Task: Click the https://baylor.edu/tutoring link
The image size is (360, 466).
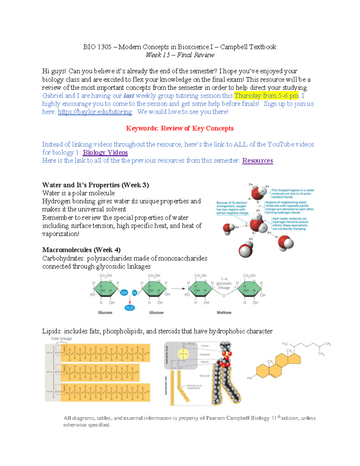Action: (x=95, y=112)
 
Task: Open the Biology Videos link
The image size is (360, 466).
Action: (x=105, y=152)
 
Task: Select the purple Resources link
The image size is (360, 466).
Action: (x=257, y=161)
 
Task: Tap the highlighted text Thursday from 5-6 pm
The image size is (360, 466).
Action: (x=266, y=96)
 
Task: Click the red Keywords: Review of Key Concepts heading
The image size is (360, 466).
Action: (x=180, y=128)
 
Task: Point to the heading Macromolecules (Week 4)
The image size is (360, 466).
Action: (x=81, y=250)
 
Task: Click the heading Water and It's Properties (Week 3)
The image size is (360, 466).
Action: (x=95, y=185)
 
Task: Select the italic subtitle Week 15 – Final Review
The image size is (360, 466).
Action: (x=180, y=55)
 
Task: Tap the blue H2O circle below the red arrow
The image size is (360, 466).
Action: (x=130, y=308)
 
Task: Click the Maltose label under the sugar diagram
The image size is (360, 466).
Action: (x=224, y=312)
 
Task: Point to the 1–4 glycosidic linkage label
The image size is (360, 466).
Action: (x=224, y=283)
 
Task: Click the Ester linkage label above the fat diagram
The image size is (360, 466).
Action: (x=61, y=338)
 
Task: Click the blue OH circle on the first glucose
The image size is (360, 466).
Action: (x=124, y=293)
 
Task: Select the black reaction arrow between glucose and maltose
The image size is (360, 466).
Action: (x=178, y=289)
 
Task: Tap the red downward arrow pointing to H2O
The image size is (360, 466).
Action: (x=130, y=300)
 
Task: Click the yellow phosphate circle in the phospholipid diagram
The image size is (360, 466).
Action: (x=183, y=354)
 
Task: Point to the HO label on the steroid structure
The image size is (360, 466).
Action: (x=250, y=378)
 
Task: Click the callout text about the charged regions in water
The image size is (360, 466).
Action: (x=293, y=194)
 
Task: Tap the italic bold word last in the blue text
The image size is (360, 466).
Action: (x=129, y=96)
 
